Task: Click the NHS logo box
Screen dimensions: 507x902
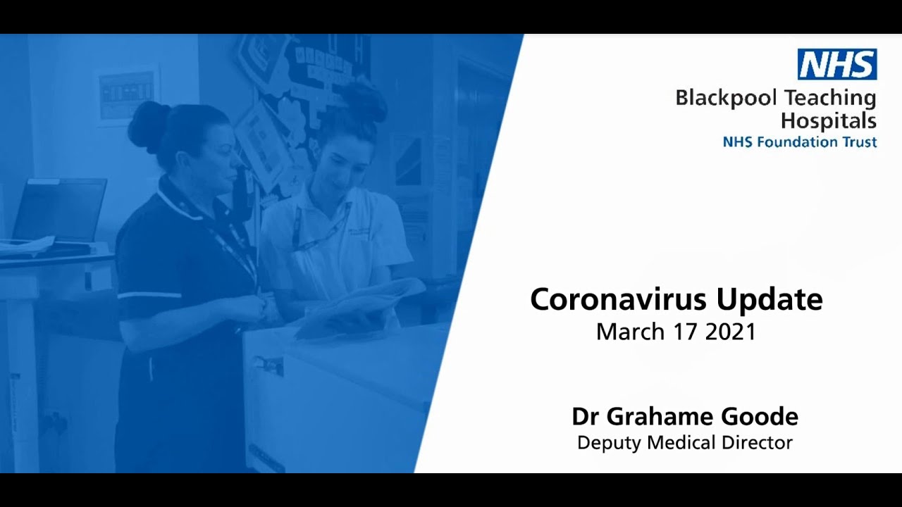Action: tap(837, 64)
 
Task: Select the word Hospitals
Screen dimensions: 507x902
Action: tap(829, 120)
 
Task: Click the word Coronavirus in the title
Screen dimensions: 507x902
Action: tap(618, 299)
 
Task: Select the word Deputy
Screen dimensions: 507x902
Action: tap(606, 444)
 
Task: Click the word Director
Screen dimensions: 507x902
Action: tap(759, 443)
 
